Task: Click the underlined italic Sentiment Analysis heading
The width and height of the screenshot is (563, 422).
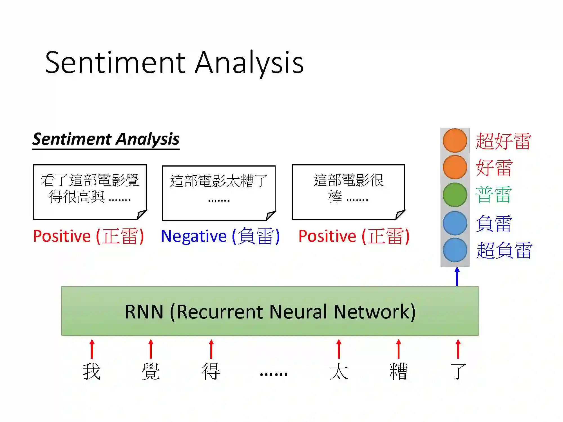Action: point(106,139)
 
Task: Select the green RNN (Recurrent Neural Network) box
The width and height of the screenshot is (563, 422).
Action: point(270,311)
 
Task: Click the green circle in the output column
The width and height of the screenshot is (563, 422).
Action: point(455,195)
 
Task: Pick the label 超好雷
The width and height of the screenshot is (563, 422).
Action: point(503,141)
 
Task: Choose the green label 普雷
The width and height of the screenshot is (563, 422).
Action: point(493,195)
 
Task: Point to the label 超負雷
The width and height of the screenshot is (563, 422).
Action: point(504,250)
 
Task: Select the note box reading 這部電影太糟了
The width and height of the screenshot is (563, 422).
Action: point(219,193)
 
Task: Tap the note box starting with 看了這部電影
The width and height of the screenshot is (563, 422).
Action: point(90,192)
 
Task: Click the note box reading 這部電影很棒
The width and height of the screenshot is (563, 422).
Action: point(348,192)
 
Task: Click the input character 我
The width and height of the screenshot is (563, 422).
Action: point(91,371)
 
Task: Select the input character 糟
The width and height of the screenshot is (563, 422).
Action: point(398,371)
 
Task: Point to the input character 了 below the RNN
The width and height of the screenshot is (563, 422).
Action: point(458,371)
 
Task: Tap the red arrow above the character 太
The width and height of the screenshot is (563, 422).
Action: point(339,349)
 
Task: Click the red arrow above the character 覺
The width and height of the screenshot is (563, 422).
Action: point(151,349)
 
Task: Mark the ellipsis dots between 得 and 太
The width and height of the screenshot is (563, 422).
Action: point(273,374)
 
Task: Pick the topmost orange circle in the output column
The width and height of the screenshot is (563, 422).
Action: point(455,140)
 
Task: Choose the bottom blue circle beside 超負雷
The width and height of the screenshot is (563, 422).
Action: point(455,250)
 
